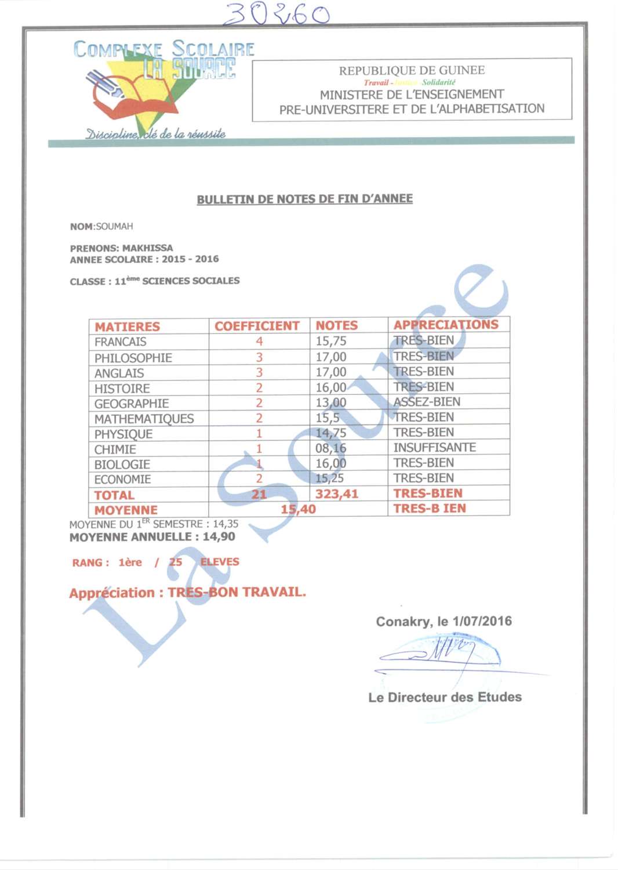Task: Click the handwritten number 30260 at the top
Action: point(276,14)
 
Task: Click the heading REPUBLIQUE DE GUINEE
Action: point(412,70)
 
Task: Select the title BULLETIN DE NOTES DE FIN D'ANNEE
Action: point(304,199)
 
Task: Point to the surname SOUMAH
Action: point(114,226)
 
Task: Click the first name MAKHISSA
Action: point(147,248)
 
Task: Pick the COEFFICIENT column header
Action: point(257,326)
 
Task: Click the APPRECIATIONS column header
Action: point(445,324)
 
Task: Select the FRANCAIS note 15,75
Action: point(330,341)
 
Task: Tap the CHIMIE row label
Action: point(115,449)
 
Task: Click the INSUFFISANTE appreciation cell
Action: point(434,448)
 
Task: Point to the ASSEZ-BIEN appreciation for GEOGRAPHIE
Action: point(427,402)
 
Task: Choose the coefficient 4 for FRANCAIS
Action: point(259,341)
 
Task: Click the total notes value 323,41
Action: point(336,494)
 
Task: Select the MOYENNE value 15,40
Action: point(298,509)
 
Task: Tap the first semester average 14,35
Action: point(226,524)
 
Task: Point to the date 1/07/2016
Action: point(482,621)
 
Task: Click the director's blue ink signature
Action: point(441,652)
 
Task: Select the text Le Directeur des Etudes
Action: point(445,697)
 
